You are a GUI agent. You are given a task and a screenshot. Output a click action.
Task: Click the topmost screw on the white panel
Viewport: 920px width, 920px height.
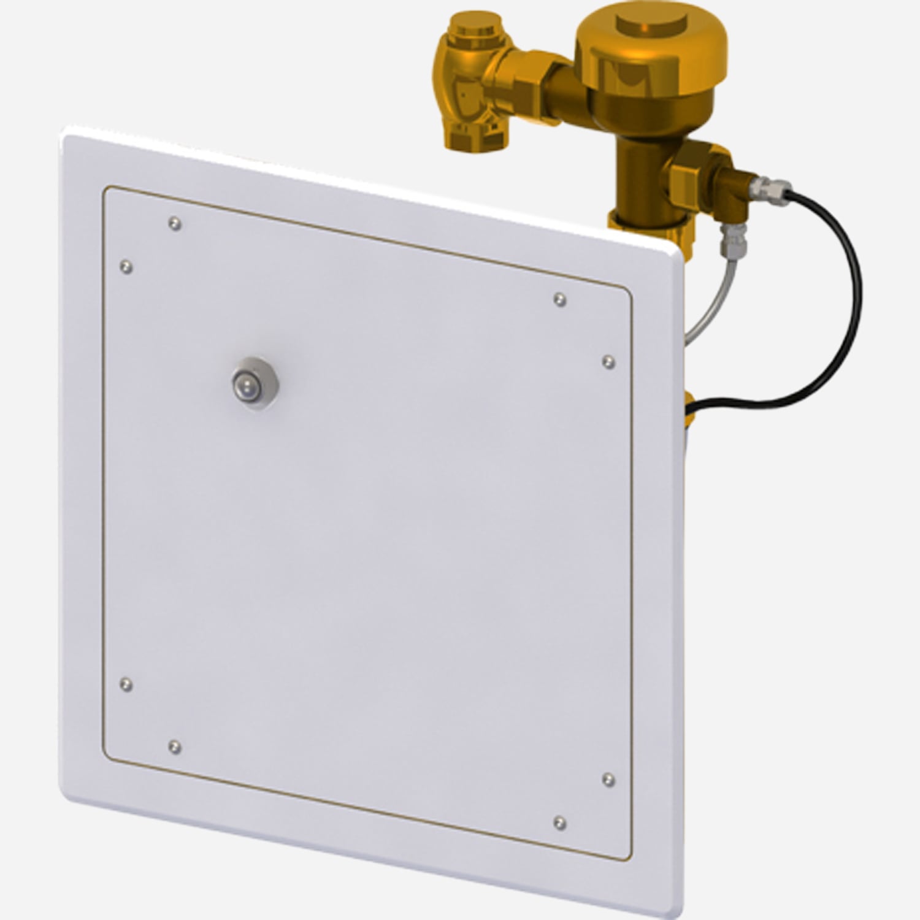[175, 224]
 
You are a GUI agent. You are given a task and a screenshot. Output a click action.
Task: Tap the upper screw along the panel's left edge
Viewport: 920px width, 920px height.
[126, 267]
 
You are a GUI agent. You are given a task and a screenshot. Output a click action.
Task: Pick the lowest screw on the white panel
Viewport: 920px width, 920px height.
[559, 822]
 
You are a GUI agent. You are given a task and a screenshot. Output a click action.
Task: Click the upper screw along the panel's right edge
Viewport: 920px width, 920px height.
[608, 362]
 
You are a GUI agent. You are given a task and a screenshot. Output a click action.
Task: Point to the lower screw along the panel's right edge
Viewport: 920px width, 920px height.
[608, 779]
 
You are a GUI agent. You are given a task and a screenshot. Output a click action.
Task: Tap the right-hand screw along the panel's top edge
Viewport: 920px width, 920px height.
[559, 299]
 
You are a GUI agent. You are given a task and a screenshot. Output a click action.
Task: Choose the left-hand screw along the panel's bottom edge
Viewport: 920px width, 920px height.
[175, 746]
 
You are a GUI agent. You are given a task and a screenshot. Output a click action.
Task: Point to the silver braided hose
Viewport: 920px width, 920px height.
[705, 307]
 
